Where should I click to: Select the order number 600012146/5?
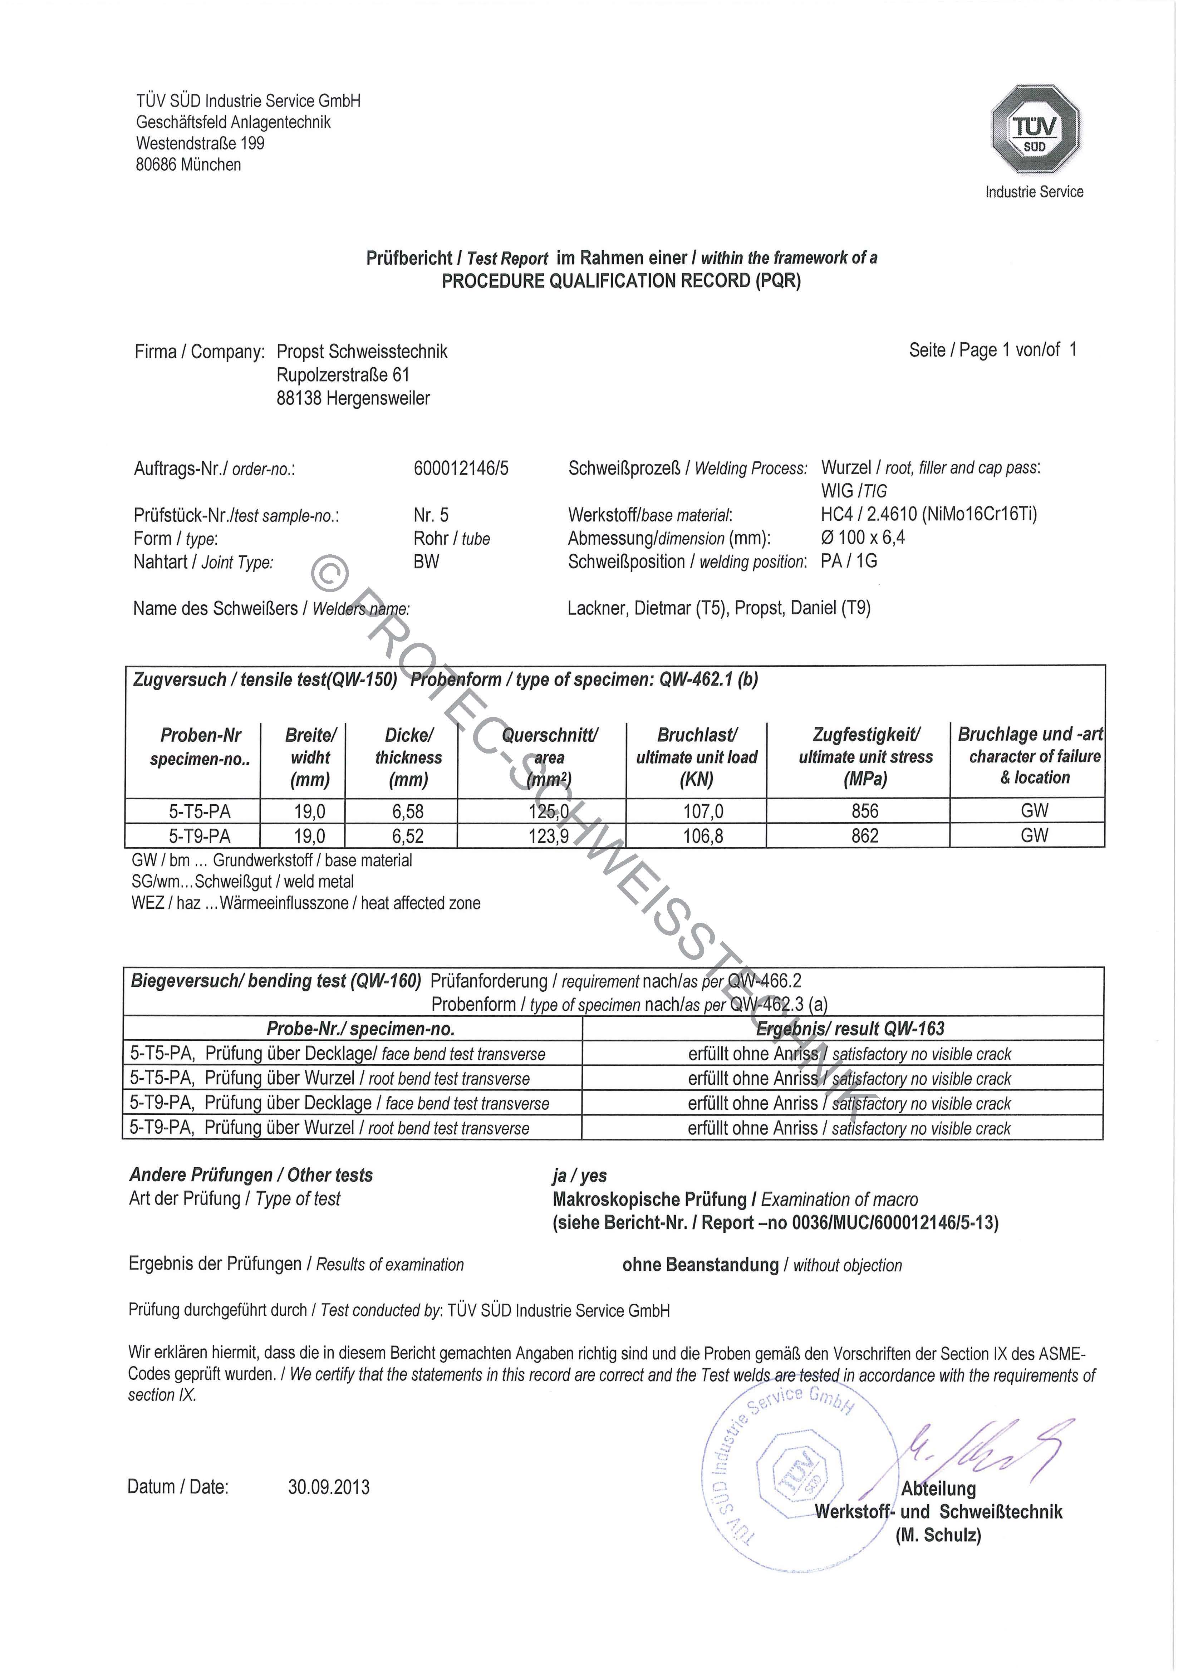tap(461, 468)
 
